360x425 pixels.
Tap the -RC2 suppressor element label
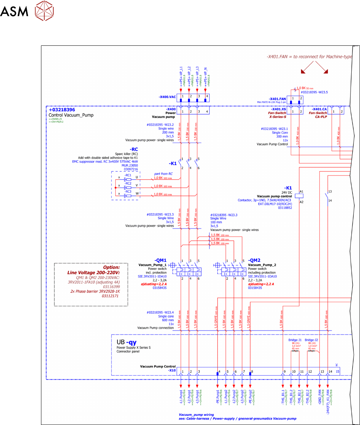pos(128,183)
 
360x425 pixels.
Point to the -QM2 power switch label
pos(254,260)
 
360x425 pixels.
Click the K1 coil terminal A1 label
pos(302,191)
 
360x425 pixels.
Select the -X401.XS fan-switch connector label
pos(279,109)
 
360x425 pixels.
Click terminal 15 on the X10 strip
pos(337,371)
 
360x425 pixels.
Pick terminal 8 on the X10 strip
pos(252,371)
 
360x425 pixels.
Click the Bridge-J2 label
pos(312,340)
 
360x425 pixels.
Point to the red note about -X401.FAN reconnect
pos(309,57)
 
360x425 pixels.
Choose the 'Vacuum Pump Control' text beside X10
pos(158,367)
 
